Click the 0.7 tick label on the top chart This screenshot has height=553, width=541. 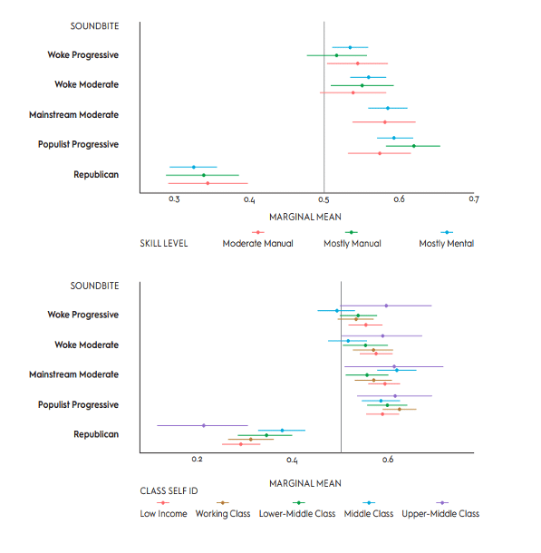474,199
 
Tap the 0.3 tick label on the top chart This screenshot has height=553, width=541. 174,199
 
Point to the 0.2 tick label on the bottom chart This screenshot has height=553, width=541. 197,460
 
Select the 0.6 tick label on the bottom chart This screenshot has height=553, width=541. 388,460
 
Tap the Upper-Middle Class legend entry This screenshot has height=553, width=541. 440,509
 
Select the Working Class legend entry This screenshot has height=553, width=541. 223,509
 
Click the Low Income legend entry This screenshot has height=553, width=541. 163,509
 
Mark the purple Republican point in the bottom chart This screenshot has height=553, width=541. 204,426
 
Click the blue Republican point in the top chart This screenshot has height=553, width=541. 194,167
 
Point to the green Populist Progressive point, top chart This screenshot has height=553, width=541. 414,146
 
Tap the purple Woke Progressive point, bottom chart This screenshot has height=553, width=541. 386,306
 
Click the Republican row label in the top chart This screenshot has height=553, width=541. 96,175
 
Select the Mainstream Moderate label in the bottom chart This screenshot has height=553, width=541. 73,374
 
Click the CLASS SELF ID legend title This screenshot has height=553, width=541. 169,491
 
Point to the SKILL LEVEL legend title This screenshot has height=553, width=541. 164,243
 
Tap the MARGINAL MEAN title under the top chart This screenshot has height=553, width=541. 305,217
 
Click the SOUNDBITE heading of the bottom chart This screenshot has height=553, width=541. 94,286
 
